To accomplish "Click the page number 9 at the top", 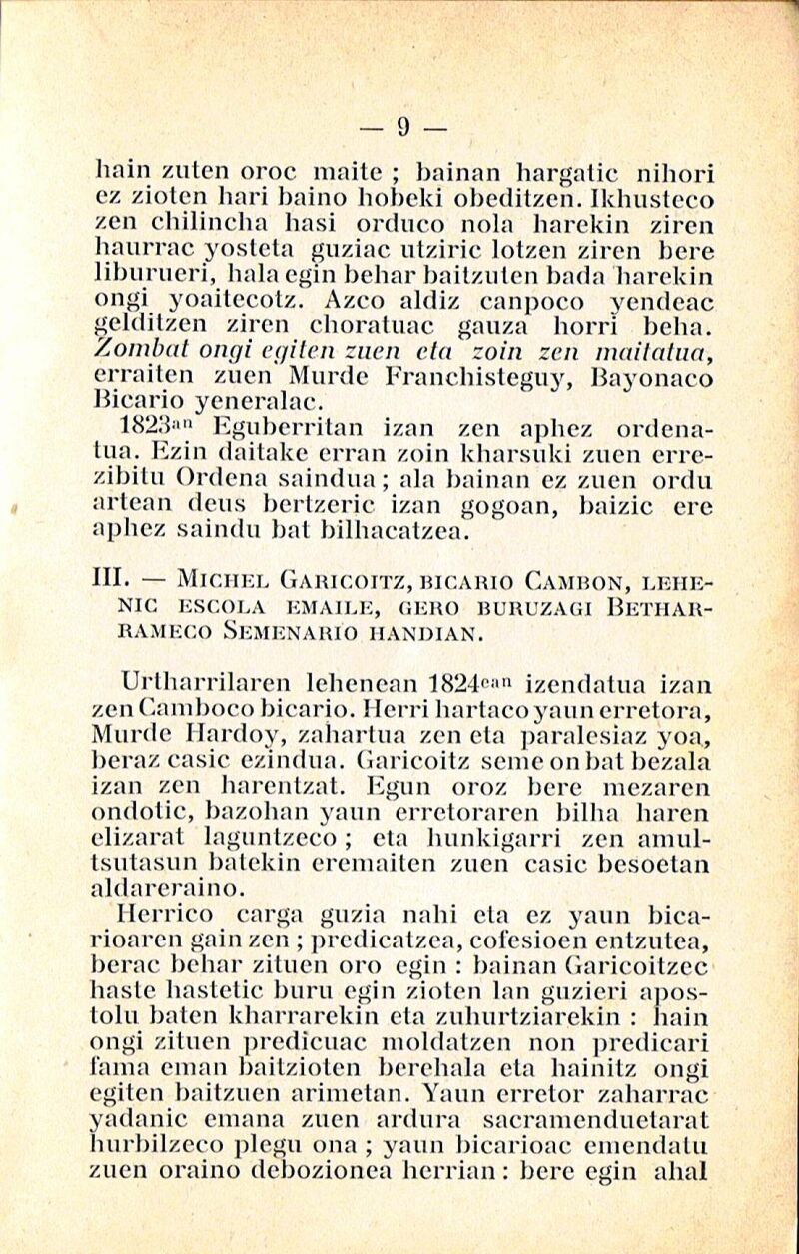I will (x=404, y=127).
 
